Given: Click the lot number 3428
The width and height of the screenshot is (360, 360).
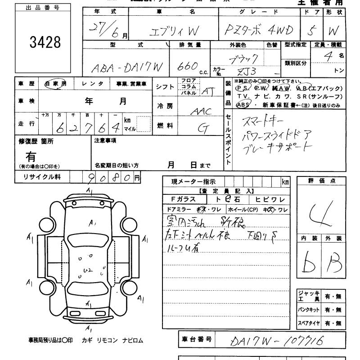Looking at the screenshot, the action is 44,43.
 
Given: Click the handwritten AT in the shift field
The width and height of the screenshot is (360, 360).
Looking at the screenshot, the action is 207,91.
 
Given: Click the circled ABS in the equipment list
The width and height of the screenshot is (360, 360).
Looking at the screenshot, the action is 243,104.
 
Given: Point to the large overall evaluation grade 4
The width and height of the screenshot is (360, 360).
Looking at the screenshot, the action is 321,210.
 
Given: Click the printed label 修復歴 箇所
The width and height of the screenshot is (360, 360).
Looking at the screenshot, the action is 36,141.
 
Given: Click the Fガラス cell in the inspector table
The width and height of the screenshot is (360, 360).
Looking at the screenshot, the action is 183,199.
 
